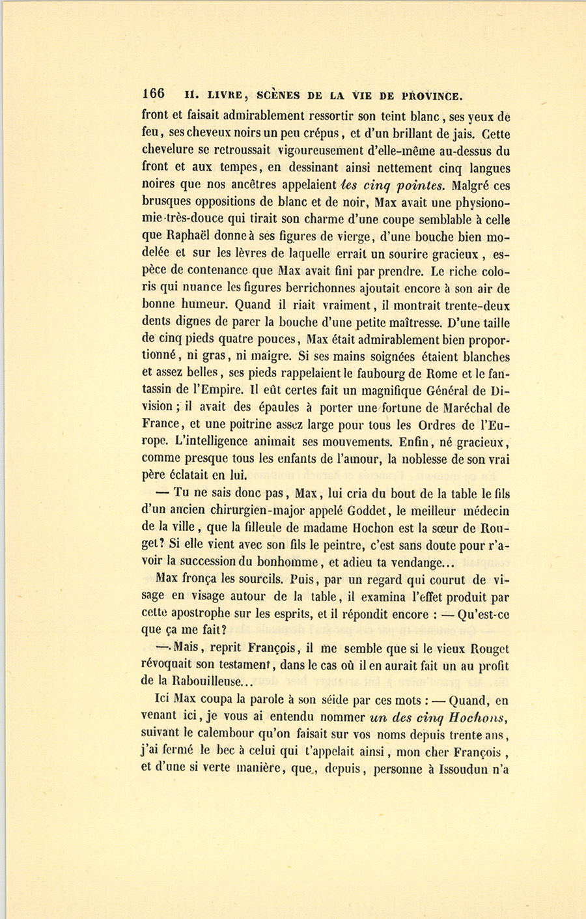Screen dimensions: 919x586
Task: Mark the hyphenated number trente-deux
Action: [475, 304]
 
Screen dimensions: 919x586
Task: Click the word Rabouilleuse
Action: [204, 682]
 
